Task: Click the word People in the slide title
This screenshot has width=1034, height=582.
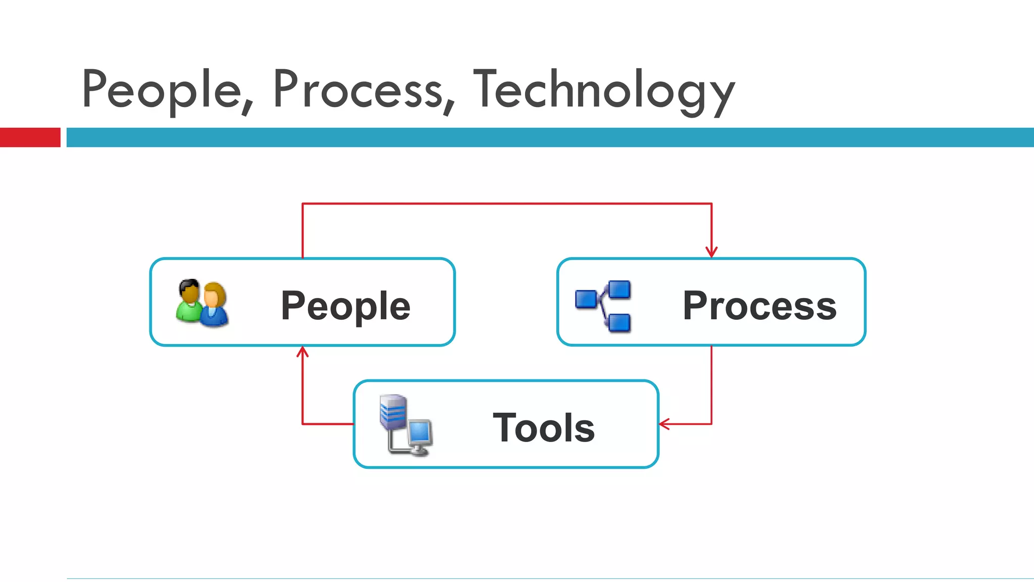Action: point(162,90)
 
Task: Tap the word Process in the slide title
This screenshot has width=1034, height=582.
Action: point(357,90)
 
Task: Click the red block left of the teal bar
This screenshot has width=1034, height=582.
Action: point(30,137)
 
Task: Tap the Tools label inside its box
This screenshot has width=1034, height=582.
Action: point(544,427)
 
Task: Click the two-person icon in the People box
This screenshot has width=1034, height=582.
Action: point(202,303)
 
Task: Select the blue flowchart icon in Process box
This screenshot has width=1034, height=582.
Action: point(603,306)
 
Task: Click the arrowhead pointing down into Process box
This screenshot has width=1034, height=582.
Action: point(711,252)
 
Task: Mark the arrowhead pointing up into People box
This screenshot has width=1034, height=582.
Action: point(302,352)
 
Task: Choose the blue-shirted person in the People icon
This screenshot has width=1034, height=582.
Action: point(215,306)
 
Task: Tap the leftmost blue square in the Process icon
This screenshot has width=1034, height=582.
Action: point(586,299)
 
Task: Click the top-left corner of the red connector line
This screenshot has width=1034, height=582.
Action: point(302,204)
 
